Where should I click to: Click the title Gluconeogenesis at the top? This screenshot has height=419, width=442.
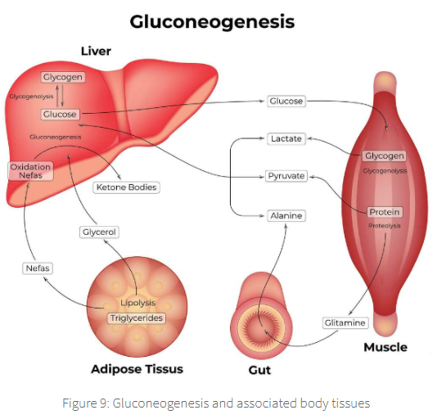pos(212,21)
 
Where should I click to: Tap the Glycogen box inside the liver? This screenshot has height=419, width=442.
pos(63,78)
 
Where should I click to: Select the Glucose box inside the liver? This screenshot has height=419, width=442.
pos(60,114)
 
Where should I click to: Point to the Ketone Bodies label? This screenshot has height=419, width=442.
pos(126,187)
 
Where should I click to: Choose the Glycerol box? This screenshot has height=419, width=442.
pos(99,232)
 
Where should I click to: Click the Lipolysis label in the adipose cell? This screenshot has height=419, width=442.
pos(137,304)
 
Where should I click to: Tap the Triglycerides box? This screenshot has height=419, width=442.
pos(137,318)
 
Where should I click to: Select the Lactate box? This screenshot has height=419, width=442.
pos(286,139)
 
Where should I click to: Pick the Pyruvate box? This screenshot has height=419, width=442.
pos(286,176)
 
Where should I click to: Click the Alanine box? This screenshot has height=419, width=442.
pos(286,216)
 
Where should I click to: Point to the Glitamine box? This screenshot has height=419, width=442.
pos(345,323)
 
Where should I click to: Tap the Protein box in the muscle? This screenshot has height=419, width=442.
pos(385,213)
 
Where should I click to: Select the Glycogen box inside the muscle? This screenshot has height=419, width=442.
pos(385,156)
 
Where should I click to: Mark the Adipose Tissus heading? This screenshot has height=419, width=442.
pos(137,369)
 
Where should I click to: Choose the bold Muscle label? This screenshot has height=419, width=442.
pos(385,348)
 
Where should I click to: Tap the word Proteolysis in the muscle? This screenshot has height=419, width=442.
pos(385,226)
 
